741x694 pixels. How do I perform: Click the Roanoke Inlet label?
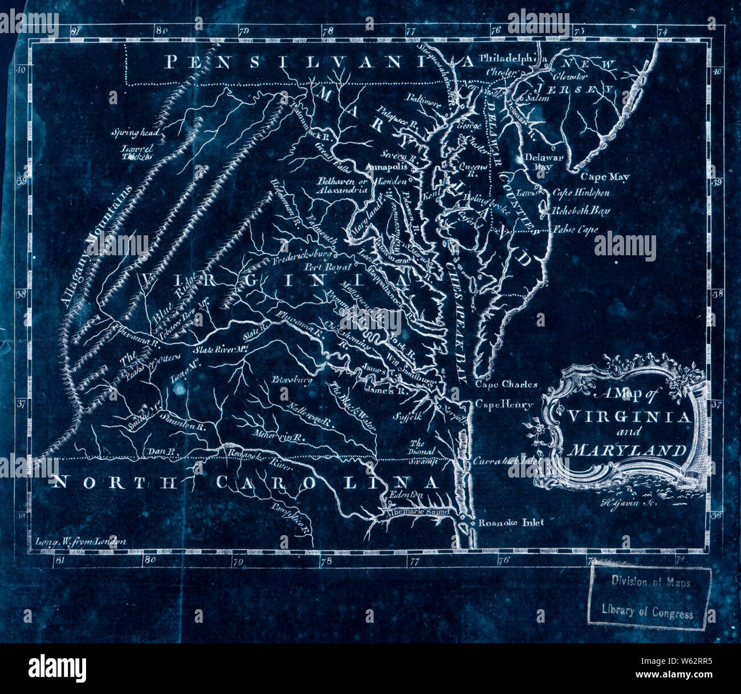510,522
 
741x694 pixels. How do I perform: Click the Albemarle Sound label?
418,512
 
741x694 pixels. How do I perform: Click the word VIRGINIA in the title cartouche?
628,417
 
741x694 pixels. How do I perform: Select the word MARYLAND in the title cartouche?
627,450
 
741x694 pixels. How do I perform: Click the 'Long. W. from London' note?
80,542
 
